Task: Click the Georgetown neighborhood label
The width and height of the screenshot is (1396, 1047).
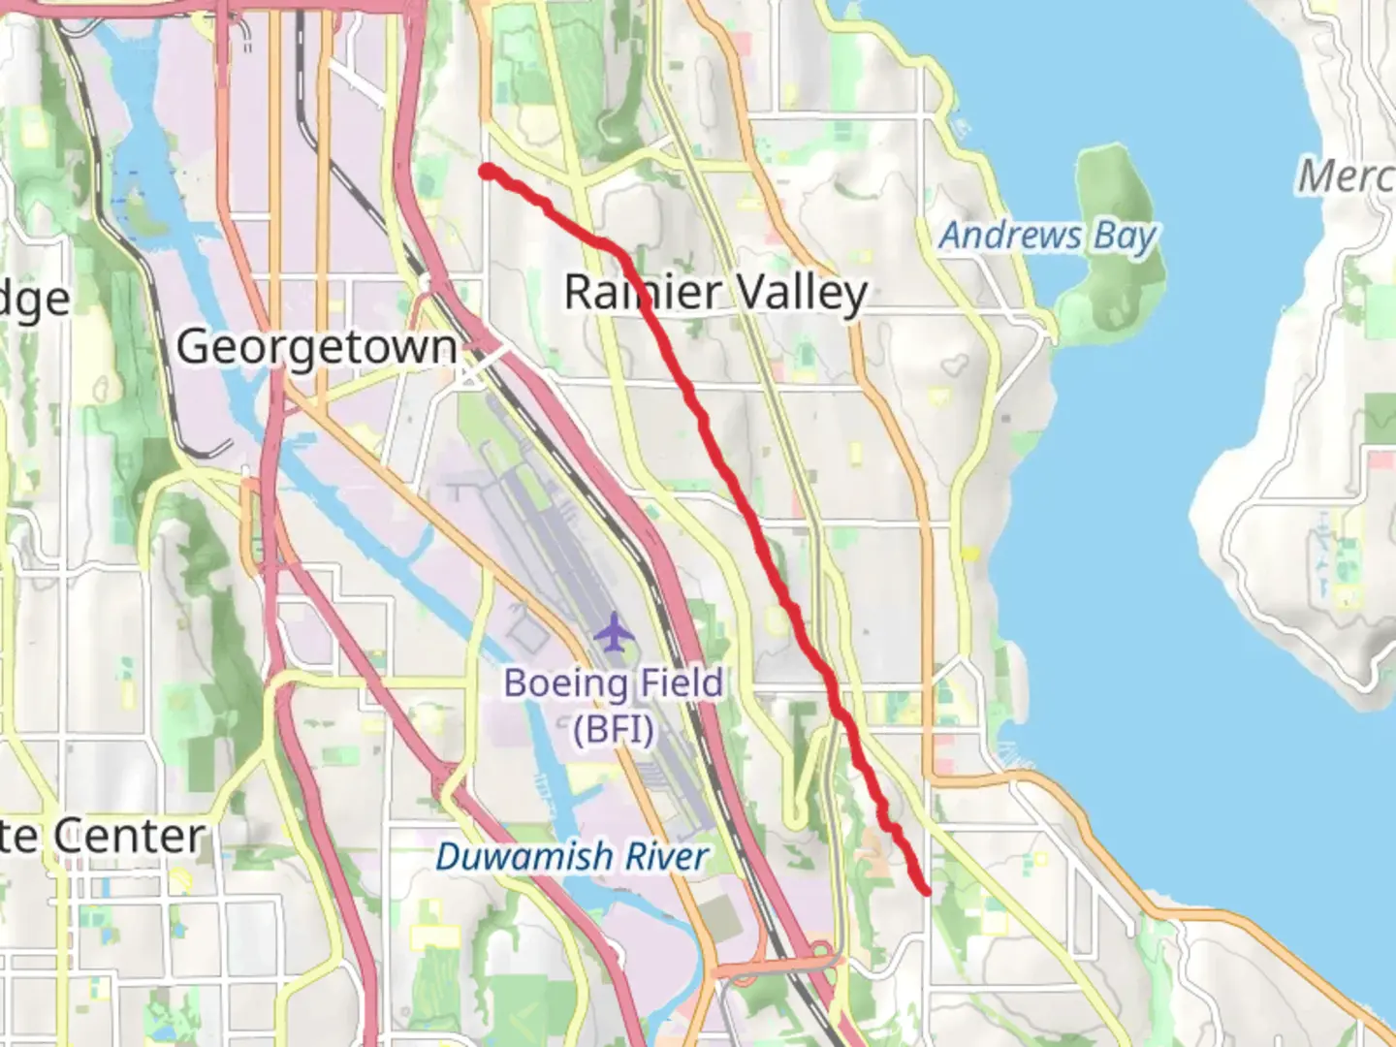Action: pyautogui.click(x=316, y=347)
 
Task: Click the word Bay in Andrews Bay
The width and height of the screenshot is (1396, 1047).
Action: pyautogui.click(x=1126, y=237)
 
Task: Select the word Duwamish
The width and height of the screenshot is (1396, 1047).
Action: pyautogui.click(x=509, y=857)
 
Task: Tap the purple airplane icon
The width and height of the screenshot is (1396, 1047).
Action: pyautogui.click(x=614, y=633)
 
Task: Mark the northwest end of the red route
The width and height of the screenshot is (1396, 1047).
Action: pyautogui.click(x=488, y=172)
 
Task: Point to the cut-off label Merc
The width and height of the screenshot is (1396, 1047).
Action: pyautogui.click(x=1346, y=176)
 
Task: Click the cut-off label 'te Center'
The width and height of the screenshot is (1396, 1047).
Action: pyautogui.click(x=102, y=836)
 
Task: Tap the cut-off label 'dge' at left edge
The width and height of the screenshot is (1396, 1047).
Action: pyautogui.click(x=35, y=300)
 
